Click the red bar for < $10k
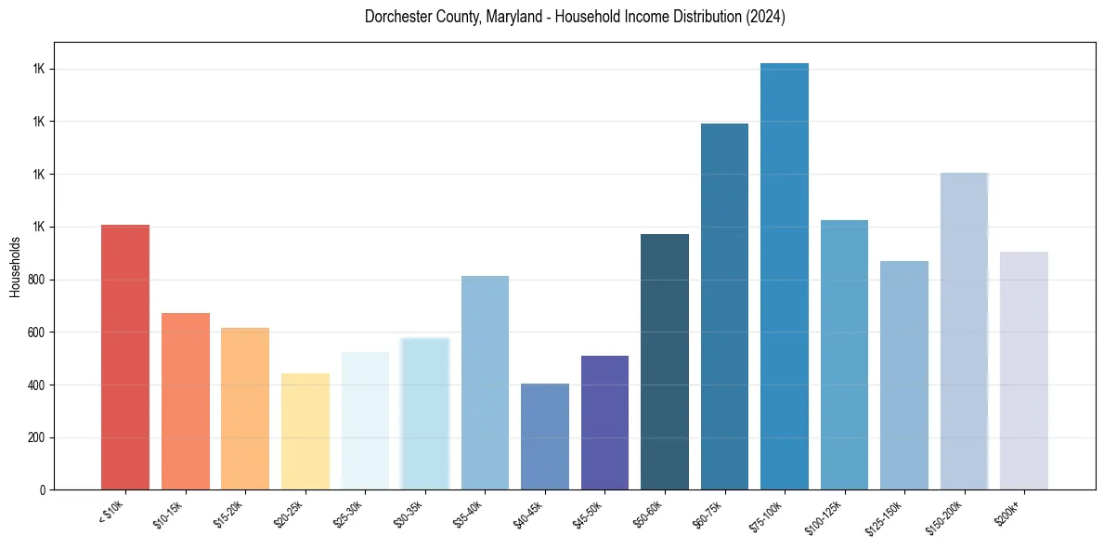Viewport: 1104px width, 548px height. pyautogui.click(x=125, y=358)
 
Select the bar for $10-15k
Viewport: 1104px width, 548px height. pyautogui.click(x=186, y=401)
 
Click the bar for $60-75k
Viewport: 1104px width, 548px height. pyautogui.click(x=724, y=307)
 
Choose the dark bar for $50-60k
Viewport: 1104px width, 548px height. pyautogui.click(x=665, y=362)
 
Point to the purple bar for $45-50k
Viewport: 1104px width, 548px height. pyautogui.click(x=604, y=423)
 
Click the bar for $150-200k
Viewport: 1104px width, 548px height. pyautogui.click(x=964, y=332)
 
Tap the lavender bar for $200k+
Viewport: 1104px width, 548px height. pyautogui.click(x=1024, y=371)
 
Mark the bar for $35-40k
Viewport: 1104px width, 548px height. pyautogui.click(x=485, y=383)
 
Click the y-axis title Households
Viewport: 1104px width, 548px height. pyautogui.click(x=16, y=267)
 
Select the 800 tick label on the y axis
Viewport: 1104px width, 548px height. pyautogui.click(x=37, y=280)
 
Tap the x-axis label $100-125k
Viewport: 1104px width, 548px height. pyautogui.click(x=832, y=515)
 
